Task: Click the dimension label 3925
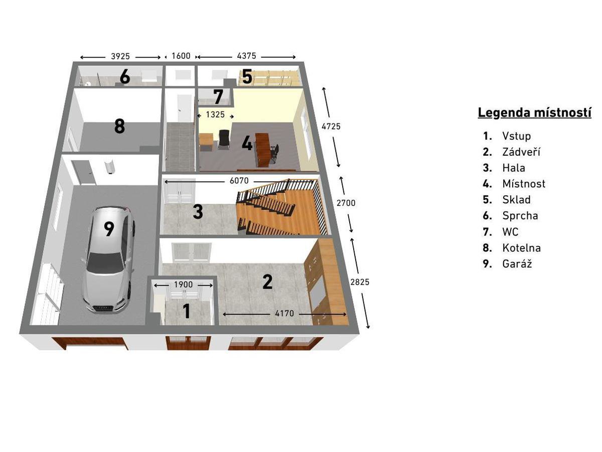pyautogui.click(x=120, y=56)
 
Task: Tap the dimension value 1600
pyautogui.click(x=181, y=56)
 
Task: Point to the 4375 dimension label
pyautogui.click(x=246, y=56)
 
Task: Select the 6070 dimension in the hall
pyautogui.click(x=239, y=181)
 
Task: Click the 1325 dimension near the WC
pyautogui.click(x=215, y=115)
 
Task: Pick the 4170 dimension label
pyautogui.click(x=284, y=313)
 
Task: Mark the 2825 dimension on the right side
pyautogui.click(x=360, y=282)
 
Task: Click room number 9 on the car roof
pyautogui.click(x=109, y=229)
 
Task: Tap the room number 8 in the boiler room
pyautogui.click(x=119, y=126)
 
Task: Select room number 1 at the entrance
pyautogui.click(x=187, y=311)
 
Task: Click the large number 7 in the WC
pyautogui.click(x=218, y=96)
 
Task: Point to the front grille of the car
pyautogui.click(x=103, y=308)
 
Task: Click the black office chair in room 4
pyautogui.click(x=224, y=140)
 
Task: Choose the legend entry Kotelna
pyautogui.click(x=521, y=248)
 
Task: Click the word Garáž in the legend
pyautogui.click(x=517, y=264)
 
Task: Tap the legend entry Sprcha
pyautogui.click(x=520, y=216)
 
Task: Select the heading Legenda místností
pyautogui.click(x=534, y=112)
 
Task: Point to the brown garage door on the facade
pyautogui.click(x=90, y=344)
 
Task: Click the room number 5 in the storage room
pyautogui.click(x=247, y=76)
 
